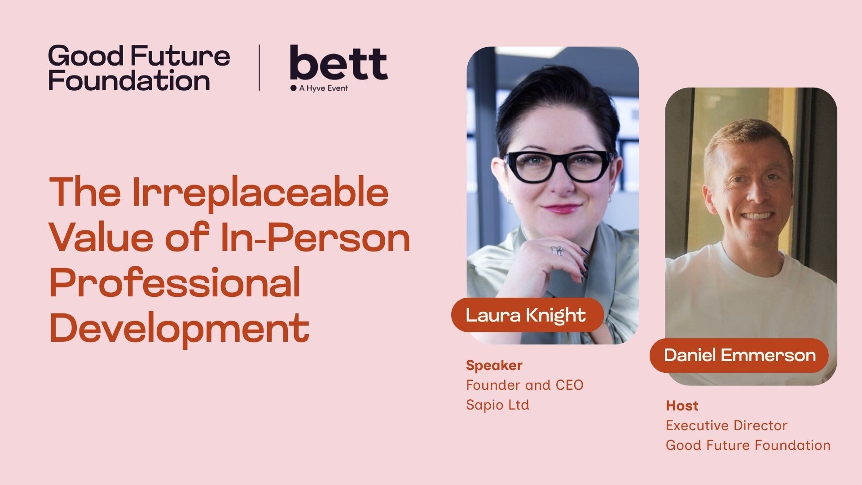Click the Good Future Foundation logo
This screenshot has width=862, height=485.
(139, 68)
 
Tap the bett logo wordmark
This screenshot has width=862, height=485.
(339, 63)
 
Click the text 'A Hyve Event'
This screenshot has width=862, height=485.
(323, 88)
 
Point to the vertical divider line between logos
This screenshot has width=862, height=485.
(259, 68)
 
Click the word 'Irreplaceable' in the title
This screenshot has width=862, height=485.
(260, 192)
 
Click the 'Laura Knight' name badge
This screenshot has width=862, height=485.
(526, 315)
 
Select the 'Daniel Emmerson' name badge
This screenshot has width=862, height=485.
(739, 355)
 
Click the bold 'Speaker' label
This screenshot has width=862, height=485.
(494, 366)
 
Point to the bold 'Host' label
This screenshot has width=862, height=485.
(682, 406)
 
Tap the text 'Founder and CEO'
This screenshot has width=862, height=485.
(524, 385)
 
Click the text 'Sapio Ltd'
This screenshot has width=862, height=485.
(497, 405)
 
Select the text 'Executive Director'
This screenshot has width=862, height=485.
(726, 426)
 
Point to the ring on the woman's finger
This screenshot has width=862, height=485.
(557, 250)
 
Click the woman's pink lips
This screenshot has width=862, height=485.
(561, 208)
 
